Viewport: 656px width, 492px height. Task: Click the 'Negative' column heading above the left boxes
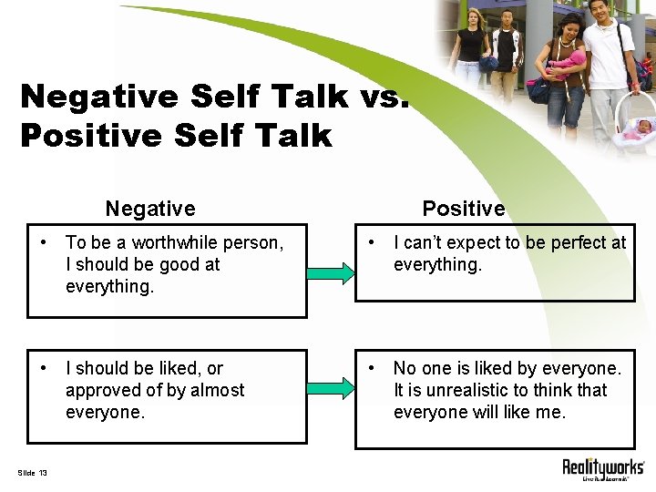(x=150, y=209)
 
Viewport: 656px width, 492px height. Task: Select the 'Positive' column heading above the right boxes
(x=463, y=209)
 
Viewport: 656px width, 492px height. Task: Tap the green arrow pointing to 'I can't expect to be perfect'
(x=330, y=272)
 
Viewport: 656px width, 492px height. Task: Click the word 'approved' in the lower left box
(x=103, y=390)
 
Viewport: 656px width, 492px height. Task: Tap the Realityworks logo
(x=602, y=468)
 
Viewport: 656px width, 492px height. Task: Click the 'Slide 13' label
(x=33, y=471)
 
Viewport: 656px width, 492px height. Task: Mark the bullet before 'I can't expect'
(x=371, y=243)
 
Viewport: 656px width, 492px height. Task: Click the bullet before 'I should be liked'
(x=43, y=369)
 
